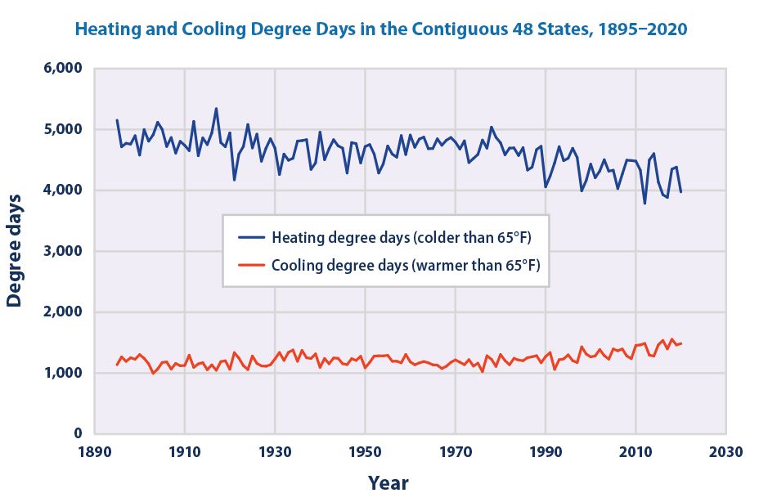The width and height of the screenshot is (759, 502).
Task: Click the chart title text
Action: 381,29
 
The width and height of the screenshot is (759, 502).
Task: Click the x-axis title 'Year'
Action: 387,482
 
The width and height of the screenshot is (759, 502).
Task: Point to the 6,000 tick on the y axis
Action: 60,69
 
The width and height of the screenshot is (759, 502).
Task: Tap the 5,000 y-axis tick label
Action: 60,129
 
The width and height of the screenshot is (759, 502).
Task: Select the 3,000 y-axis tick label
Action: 60,251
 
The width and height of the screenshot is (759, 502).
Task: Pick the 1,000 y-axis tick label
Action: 60,373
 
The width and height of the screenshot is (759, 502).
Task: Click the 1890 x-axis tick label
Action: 95,451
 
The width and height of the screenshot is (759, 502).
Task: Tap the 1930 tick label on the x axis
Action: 276,451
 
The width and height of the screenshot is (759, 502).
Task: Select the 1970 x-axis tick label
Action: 456,451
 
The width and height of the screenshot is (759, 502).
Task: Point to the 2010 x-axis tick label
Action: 635,451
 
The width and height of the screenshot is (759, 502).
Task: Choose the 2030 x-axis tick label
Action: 725,451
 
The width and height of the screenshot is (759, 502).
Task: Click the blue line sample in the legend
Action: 249,239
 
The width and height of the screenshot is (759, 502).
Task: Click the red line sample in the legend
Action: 249,265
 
